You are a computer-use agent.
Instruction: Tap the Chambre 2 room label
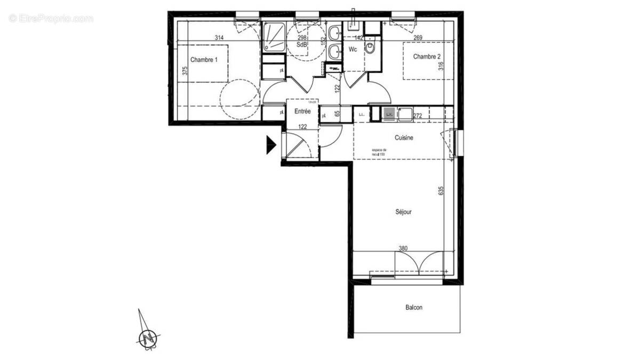point(427,57)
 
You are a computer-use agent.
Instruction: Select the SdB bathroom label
point(301,46)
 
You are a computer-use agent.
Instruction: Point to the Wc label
point(353,50)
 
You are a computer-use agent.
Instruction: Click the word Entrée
point(303,111)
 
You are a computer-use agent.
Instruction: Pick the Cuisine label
point(404,138)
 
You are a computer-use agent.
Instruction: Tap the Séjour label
point(403,212)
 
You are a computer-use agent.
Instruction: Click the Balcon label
point(414,308)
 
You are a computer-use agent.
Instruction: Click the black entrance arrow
point(271,145)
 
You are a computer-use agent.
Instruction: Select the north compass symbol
point(147,337)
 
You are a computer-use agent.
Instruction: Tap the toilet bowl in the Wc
point(371,49)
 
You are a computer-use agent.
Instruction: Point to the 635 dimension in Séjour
point(441,191)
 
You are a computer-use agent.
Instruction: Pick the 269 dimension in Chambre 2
point(418,37)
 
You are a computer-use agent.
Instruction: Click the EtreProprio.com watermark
point(51,18)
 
